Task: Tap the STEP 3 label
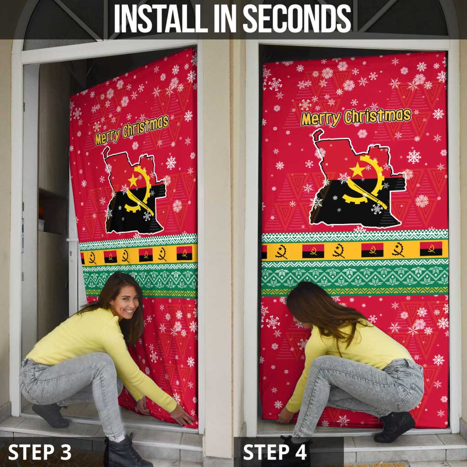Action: pyautogui.click(x=40, y=452)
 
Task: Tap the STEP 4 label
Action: pyautogui.click(x=275, y=452)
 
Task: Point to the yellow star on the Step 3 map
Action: pyautogui.click(x=133, y=180)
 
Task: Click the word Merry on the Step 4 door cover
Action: pyautogui.click(x=321, y=119)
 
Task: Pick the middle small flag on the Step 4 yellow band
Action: pyautogui.click(x=372, y=249)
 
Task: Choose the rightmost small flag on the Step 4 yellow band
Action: pyautogui.click(x=431, y=249)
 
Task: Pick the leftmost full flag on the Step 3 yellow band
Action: pyautogui.click(x=110, y=257)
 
